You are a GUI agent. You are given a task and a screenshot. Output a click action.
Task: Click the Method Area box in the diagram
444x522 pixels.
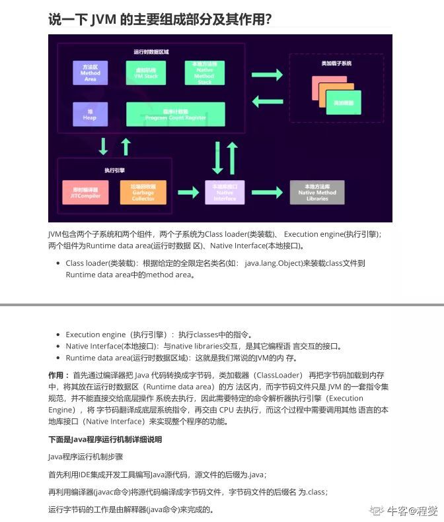[91, 73]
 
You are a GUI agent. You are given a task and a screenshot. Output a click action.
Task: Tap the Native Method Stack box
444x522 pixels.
[204, 73]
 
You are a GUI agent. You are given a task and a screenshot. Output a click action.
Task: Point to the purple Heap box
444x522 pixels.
[90, 114]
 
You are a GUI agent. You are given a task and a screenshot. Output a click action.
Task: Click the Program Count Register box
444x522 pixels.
[175, 114]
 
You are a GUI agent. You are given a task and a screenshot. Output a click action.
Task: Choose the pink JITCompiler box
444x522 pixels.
[85, 193]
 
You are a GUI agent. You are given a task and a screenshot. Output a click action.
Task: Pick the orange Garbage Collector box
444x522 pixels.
[143, 193]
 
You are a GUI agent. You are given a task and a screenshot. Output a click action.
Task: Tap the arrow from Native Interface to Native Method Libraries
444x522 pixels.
[267, 193]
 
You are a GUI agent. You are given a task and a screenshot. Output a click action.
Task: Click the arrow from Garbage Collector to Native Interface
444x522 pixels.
[188, 193]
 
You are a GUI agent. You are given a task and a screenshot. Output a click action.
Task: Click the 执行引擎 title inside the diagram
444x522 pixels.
[115, 170]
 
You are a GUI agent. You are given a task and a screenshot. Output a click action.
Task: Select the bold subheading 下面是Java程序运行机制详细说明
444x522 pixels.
[105, 439]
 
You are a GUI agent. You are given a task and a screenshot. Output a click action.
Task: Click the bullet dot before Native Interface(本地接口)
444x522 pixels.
[59, 346]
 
